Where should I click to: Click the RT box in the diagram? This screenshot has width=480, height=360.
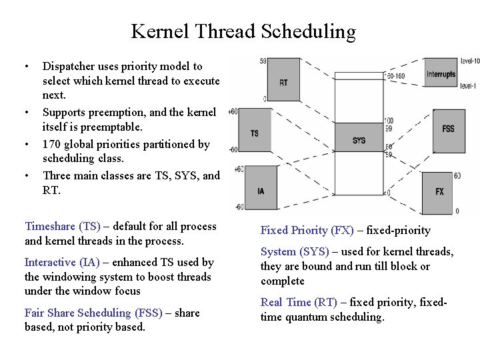[283, 82]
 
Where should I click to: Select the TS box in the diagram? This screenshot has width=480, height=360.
[255, 133]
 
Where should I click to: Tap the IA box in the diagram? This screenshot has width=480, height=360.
[261, 190]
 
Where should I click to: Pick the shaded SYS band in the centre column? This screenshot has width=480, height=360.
[359, 140]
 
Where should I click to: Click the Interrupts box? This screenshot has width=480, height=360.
[441, 74]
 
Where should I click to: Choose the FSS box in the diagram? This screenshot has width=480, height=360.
[448, 128]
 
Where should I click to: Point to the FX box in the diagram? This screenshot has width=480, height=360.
[439, 191]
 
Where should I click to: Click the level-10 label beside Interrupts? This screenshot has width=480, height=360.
[469, 61]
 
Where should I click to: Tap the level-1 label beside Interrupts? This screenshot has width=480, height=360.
[468, 86]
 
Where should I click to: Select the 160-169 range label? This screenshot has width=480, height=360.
[395, 76]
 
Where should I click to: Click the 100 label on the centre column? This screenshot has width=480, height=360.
[389, 121]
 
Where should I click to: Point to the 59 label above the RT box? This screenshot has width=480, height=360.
[263, 61]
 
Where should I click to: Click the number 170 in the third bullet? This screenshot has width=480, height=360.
[53, 144]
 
